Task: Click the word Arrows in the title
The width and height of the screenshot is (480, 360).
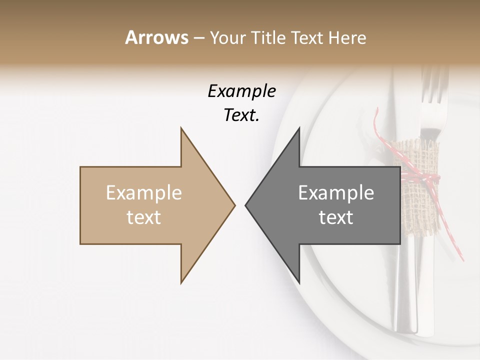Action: point(156,37)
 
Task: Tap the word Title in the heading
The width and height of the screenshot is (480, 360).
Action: point(269,37)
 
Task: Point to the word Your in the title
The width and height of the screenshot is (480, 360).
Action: point(228,37)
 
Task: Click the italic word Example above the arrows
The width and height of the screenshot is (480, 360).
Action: point(241,91)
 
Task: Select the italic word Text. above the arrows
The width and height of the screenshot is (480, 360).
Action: point(241,115)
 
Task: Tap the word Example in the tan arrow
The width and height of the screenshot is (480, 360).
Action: point(144,193)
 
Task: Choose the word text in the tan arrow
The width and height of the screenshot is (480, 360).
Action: point(144,217)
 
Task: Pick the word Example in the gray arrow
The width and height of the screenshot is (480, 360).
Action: point(336,193)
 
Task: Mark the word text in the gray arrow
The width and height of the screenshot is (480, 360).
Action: point(336,217)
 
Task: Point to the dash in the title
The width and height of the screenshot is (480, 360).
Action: point(198,37)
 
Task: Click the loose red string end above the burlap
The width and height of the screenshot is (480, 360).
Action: point(379,125)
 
